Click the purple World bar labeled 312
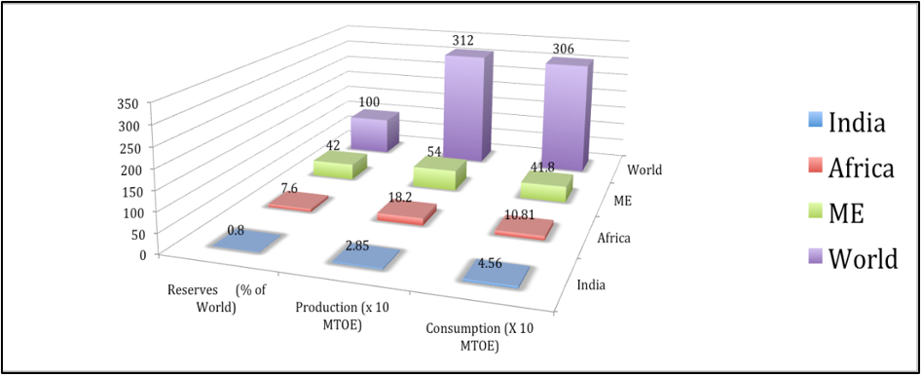(468, 106)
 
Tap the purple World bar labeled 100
(375, 131)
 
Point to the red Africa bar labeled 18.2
(407, 212)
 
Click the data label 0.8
(237, 230)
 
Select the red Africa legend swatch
(813, 169)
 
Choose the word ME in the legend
(846, 214)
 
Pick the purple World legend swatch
(813, 259)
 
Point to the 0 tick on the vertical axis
(141, 254)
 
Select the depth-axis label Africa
(613, 238)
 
